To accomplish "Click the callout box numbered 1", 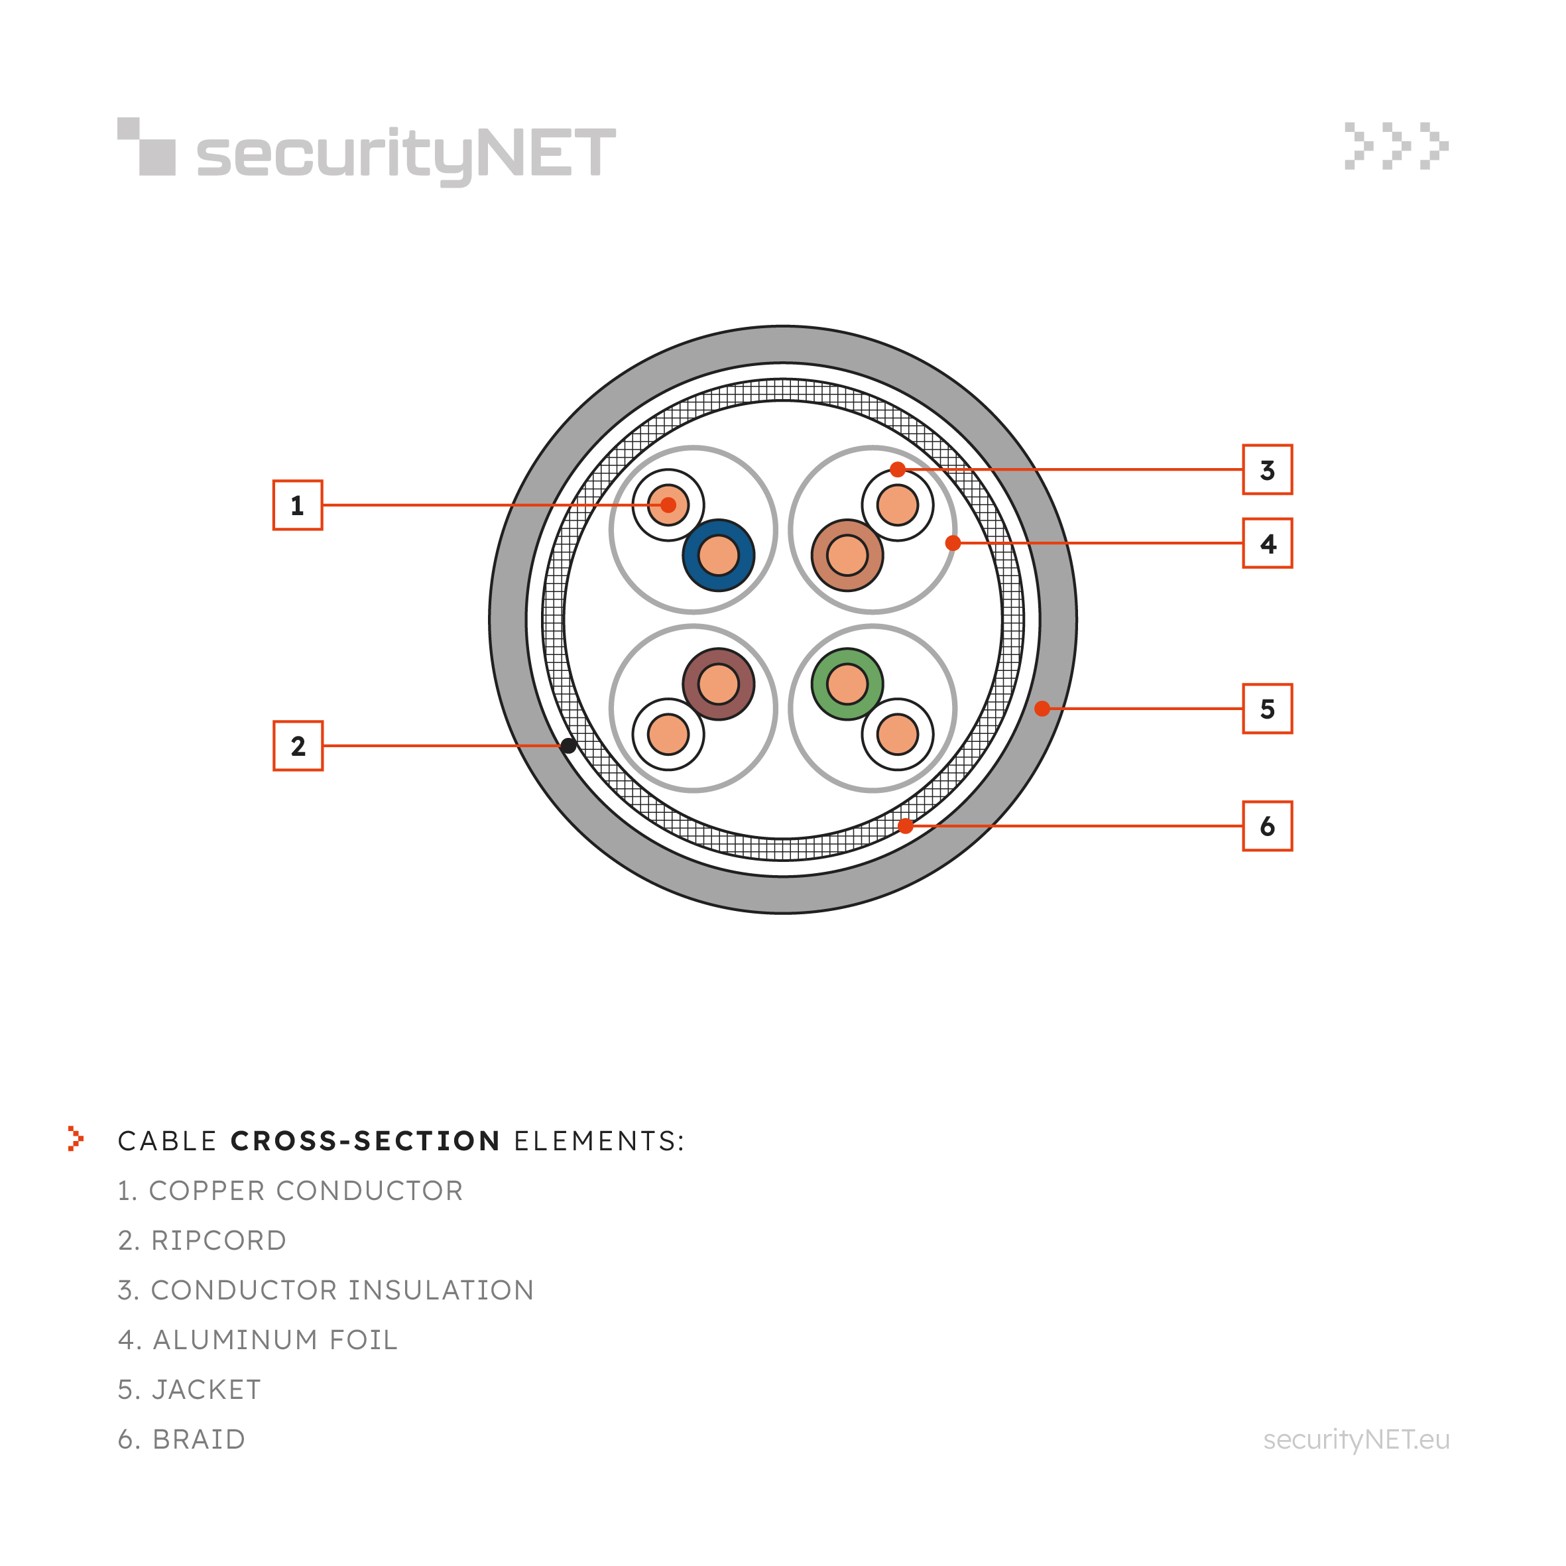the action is (298, 505).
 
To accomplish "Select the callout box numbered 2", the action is (298, 746).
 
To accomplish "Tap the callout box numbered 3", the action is (1268, 469).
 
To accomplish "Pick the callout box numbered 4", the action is (1268, 543).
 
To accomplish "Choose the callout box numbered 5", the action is (1268, 709).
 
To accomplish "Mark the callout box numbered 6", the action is (1268, 826).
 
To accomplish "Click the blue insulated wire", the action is (718, 555).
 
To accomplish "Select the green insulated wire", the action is (848, 684).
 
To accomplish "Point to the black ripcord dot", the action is (569, 746).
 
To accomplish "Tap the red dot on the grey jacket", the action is (1042, 709).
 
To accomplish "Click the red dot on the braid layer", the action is (906, 826).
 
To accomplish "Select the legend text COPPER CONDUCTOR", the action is (306, 1191).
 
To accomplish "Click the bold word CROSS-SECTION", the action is (365, 1140).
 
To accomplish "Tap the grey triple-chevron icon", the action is (1396, 146).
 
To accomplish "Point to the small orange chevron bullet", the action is (76, 1139).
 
